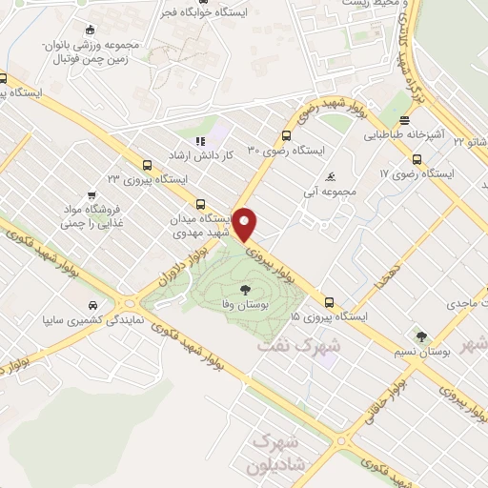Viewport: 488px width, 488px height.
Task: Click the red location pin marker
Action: click(246, 223)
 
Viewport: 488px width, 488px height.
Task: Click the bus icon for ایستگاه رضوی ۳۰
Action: click(286, 135)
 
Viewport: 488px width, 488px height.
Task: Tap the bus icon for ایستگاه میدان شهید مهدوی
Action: click(200, 204)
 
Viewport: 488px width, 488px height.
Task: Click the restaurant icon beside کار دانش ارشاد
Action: click(200, 141)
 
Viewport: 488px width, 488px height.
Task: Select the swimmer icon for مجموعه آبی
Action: click(330, 176)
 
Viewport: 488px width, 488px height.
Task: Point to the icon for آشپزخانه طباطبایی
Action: click(406, 121)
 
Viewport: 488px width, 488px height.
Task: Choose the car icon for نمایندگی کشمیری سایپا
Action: click(91, 305)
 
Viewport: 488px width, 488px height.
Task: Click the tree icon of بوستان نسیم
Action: click(420, 335)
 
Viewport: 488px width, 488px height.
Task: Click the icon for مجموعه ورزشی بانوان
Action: click(90, 29)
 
